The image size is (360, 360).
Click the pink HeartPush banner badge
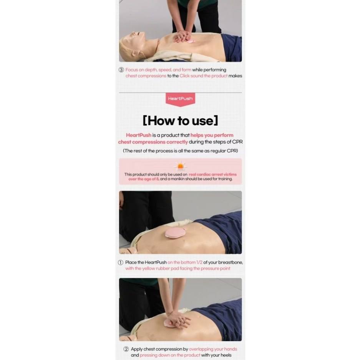click(x=180, y=100)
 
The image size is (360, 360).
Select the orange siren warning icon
click(x=181, y=166)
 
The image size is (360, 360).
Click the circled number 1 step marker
click(x=121, y=262)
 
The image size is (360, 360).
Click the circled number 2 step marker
click(x=126, y=349)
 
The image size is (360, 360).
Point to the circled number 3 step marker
click(x=121, y=70)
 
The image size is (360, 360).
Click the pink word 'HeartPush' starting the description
click(x=139, y=135)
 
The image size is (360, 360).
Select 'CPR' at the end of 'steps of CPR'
click(x=237, y=142)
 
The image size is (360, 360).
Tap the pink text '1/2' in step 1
click(x=199, y=262)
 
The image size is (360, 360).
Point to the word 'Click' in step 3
click(x=184, y=76)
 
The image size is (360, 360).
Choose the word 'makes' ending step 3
click(x=236, y=76)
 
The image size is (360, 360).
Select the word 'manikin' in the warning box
click(x=178, y=179)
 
